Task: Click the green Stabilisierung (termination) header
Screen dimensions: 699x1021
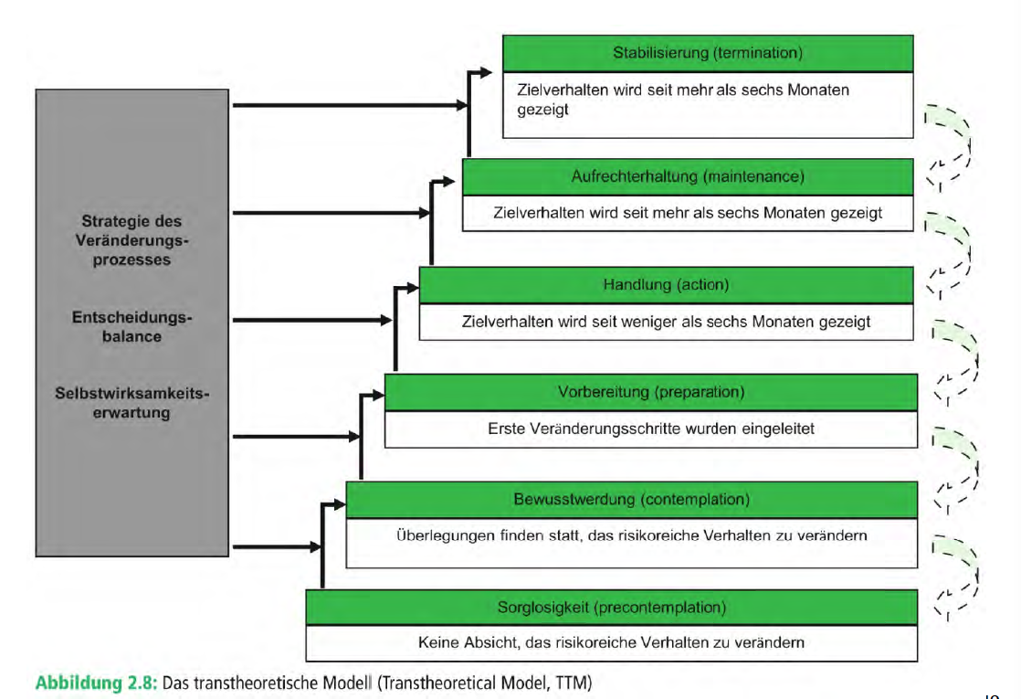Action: (x=708, y=53)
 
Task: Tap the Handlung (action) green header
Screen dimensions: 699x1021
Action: (x=666, y=285)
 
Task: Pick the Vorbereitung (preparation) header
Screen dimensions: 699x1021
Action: (x=650, y=392)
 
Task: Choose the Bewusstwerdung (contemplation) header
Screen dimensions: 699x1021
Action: (x=631, y=500)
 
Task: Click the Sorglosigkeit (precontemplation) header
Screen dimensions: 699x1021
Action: (x=611, y=607)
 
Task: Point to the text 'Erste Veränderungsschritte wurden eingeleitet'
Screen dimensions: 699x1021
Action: (x=650, y=429)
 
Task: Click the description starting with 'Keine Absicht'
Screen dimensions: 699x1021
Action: (x=611, y=642)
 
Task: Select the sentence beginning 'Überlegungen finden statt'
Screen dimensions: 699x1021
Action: (x=631, y=535)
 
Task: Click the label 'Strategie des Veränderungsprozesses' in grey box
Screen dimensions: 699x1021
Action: (x=132, y=240)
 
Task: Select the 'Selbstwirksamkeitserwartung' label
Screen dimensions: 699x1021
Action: (x=132, y=402)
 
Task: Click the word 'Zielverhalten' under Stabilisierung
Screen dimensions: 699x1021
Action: (x=558, y=90)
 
